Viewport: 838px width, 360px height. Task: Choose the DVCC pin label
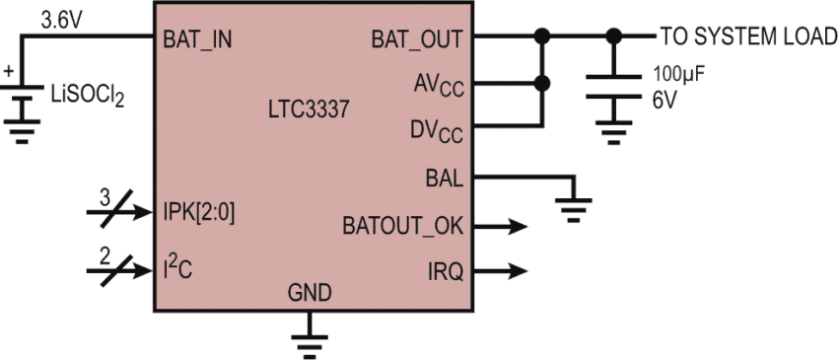coord(438,130)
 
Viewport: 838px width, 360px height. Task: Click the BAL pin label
coord(446,178)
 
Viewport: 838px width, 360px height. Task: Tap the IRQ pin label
coord(446,270)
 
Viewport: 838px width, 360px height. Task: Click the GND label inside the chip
coord(310,294)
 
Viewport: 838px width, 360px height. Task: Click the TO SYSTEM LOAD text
coord(747,37)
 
